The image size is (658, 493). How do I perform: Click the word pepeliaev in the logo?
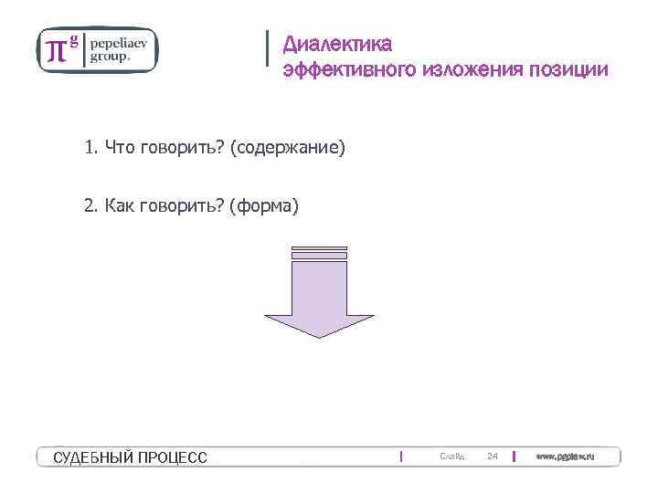click(122, 42)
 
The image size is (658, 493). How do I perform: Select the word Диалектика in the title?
click(337, 43)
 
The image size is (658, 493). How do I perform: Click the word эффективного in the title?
click(350, 69)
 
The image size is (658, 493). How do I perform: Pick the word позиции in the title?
click(566, 69)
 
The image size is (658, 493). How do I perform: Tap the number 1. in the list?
click(90, 147)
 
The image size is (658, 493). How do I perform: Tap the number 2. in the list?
click(90, 206)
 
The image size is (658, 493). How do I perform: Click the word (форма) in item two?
click(265, 206)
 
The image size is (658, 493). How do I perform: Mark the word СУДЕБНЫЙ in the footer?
click(92, 457)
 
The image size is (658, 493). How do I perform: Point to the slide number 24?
click(492, 456)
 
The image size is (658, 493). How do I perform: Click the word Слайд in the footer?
click(451, 456)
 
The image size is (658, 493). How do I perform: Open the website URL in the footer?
click(565, 456)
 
